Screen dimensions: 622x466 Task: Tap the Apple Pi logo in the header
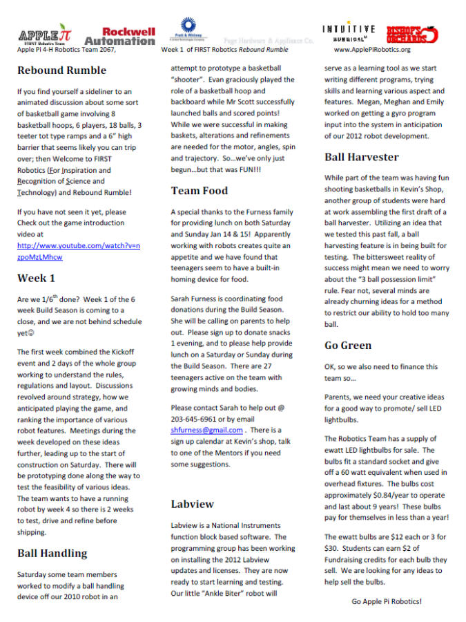pos(44,36)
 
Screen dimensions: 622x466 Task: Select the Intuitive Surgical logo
pos(349,32)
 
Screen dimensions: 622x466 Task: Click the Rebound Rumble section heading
pos(61,70)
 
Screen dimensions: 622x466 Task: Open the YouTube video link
pos(78,251)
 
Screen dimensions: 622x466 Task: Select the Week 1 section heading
pos(36,279)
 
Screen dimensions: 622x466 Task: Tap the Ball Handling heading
pos(52,553)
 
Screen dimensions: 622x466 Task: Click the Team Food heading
pos(200,191)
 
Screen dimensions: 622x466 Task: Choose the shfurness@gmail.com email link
pos(206,430)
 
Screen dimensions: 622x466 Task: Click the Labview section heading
pos(193,504)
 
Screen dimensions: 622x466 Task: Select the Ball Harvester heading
pos(361,157)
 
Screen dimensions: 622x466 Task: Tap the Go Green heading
pos(349,345)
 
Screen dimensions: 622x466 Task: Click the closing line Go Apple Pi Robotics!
pos(387,601)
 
